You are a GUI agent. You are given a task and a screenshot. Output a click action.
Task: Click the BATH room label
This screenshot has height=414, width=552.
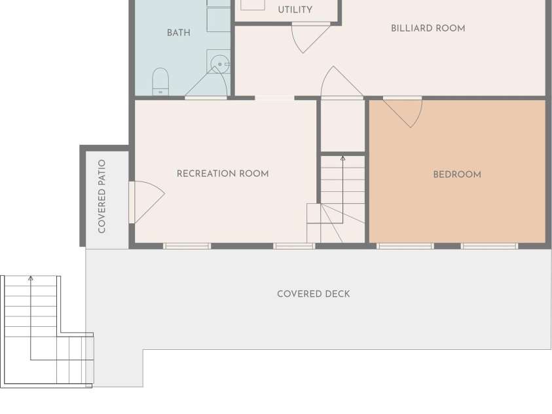pos(179,33)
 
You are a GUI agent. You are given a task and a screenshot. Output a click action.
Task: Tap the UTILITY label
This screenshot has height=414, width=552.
pos(295,10)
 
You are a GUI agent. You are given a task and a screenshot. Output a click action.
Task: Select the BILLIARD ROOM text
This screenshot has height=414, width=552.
pos(428,28)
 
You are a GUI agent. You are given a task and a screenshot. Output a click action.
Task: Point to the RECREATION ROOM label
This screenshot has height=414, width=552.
pos(223,174)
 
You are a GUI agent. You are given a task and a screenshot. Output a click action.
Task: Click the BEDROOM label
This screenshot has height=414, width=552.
pos(457,175)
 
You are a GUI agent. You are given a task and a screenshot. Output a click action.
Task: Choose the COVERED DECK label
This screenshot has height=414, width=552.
pos(313,294)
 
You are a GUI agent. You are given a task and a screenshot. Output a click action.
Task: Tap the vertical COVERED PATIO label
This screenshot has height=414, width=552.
pos(101,197)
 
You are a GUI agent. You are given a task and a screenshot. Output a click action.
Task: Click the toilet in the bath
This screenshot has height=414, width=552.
pos(160,82)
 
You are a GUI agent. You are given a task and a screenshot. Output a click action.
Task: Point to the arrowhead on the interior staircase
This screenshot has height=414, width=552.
pos(343,159)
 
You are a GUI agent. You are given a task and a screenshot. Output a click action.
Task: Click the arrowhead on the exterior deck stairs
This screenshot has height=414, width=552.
pos(31,278)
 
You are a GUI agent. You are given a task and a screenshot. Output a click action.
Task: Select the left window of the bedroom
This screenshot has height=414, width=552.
pos(405,246)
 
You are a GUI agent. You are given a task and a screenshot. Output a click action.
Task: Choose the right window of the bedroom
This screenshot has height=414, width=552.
pos(489,246)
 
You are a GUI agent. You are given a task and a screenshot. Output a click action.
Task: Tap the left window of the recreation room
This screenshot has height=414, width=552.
pos(187,246)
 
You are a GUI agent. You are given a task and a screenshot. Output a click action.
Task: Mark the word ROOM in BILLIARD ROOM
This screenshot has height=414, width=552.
pos(451,28)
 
